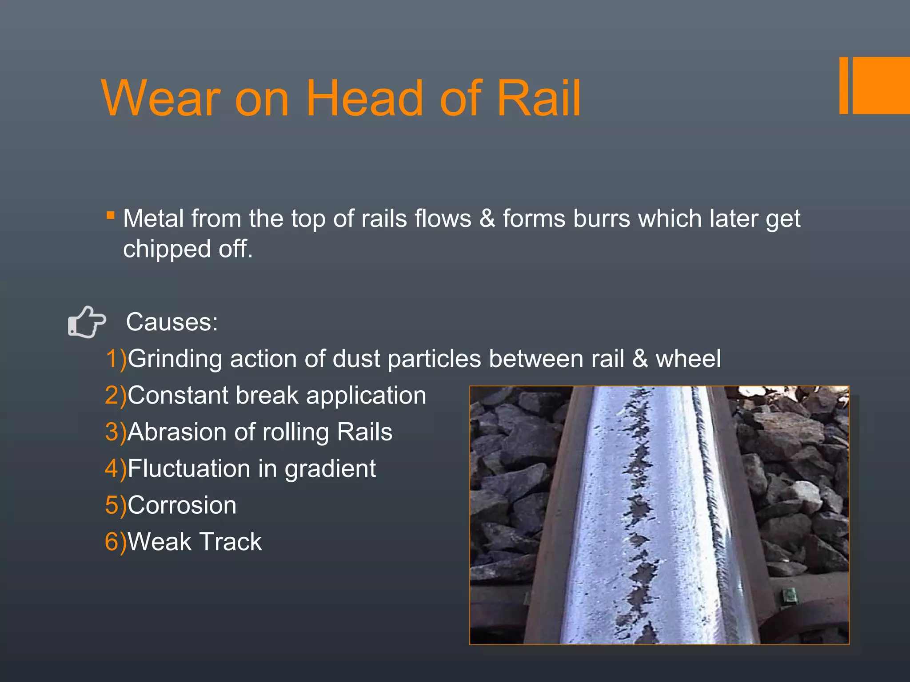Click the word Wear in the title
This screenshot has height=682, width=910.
click(x=161, y=99)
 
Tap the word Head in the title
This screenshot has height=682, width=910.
click(x=364, y=99)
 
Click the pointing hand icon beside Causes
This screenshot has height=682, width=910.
click(x=87, y=322)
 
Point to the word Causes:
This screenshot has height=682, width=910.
click(x=172, y=322)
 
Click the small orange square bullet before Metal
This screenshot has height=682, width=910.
click(x=111, y=216)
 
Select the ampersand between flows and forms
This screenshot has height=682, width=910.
click(x=487, y=219)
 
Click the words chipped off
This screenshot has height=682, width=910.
click(x=188, y=249)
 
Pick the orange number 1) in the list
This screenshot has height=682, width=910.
click(x=116, y=359)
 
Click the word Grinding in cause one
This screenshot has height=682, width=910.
click(x=175, y=359)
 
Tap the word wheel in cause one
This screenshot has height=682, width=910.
click(x=688, y=359)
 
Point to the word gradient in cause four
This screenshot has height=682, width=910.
click(x=330, y=469)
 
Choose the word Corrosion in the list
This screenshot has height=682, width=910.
click(x=182, y=505)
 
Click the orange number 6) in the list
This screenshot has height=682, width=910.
click(x=116, y=542)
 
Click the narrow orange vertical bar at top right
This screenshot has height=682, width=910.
click(x=843, y=86)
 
